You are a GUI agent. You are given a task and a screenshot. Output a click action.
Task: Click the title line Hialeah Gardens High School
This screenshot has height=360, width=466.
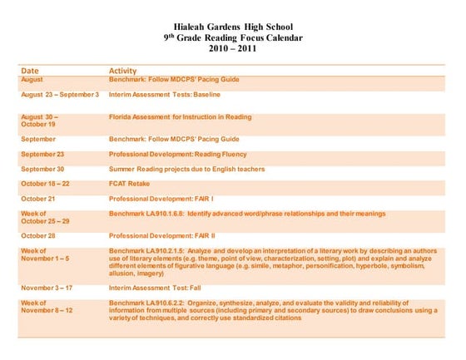click(233, 27)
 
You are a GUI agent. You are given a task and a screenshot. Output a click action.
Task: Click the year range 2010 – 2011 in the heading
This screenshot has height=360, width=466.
click(233, 49)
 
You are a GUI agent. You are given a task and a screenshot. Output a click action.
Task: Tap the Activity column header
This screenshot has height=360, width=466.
click(123, 71)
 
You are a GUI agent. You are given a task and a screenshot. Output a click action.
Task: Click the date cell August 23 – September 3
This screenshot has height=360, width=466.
click(60, 95)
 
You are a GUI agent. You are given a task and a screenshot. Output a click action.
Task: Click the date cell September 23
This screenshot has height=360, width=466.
click(42, 154)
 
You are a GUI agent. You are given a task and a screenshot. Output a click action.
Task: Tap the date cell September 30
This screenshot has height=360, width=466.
click(42, 169)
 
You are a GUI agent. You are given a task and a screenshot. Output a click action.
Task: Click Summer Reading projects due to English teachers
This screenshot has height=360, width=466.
click(187, 169)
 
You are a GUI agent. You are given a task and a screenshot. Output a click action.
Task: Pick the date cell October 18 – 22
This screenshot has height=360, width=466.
click(45, 184)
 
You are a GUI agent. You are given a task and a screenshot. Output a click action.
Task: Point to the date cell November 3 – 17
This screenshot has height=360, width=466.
click(47, 287)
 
